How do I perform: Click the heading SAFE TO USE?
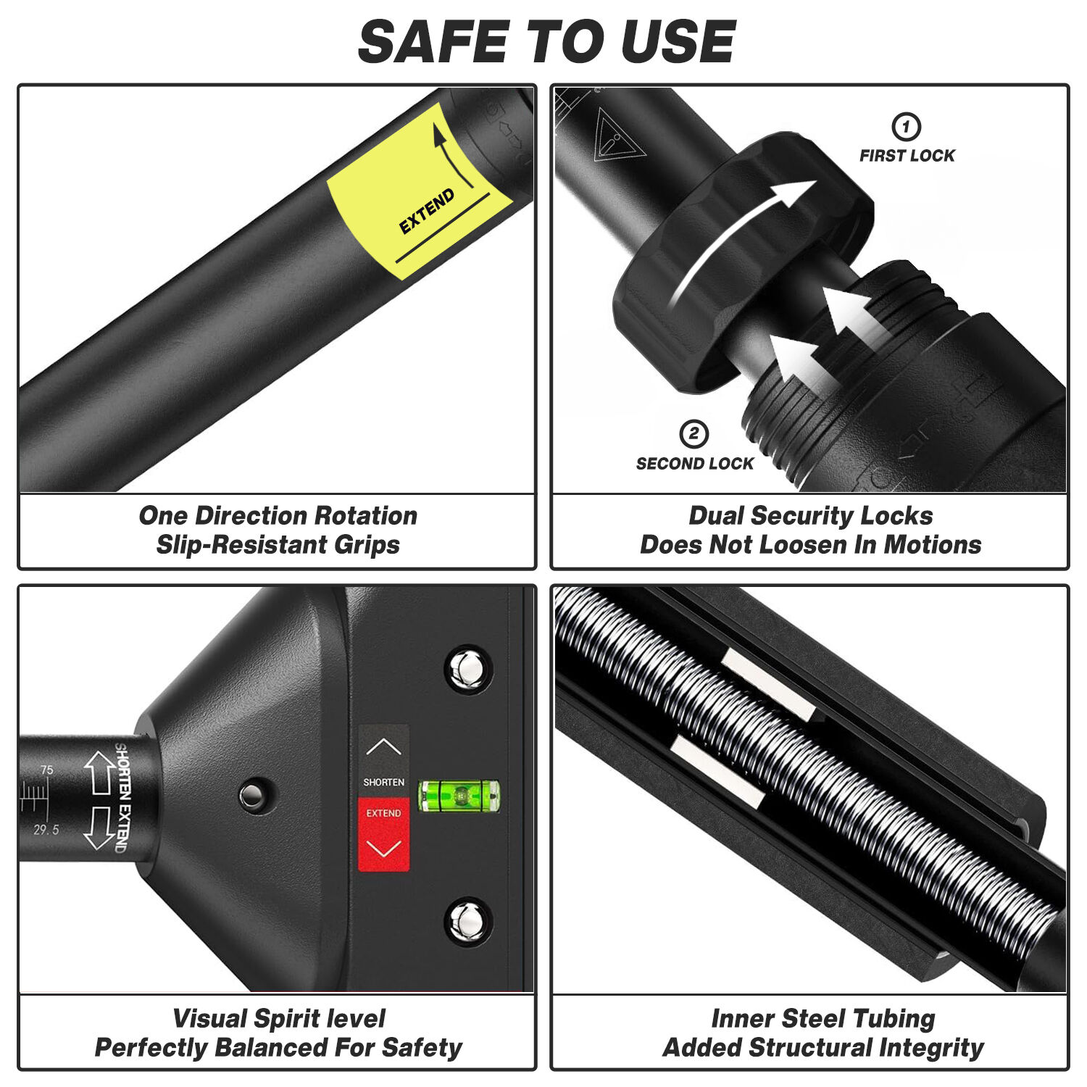coord(547,41)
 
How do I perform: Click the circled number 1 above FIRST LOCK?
coord(906,127)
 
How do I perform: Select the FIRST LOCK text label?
coord(907,156)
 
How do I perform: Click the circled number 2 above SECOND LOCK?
coord(694,434)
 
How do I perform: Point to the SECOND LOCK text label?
coord(695,464)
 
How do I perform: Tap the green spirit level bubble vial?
coord(459,796)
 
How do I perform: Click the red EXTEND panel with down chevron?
coord(383,835)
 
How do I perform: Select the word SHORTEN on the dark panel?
coord(384,783)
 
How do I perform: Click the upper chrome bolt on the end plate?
coord(468,666)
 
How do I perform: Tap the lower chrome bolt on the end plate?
coord(467,921)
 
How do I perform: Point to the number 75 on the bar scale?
coord(46,770)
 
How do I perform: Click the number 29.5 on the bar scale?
coord(46,830)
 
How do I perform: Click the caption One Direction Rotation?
coord(278,516)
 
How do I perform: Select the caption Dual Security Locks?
coord(811,516)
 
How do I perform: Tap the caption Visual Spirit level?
coord(279,1018)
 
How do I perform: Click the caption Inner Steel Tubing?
coord(823,1018)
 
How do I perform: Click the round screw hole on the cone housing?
coord(253,796)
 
